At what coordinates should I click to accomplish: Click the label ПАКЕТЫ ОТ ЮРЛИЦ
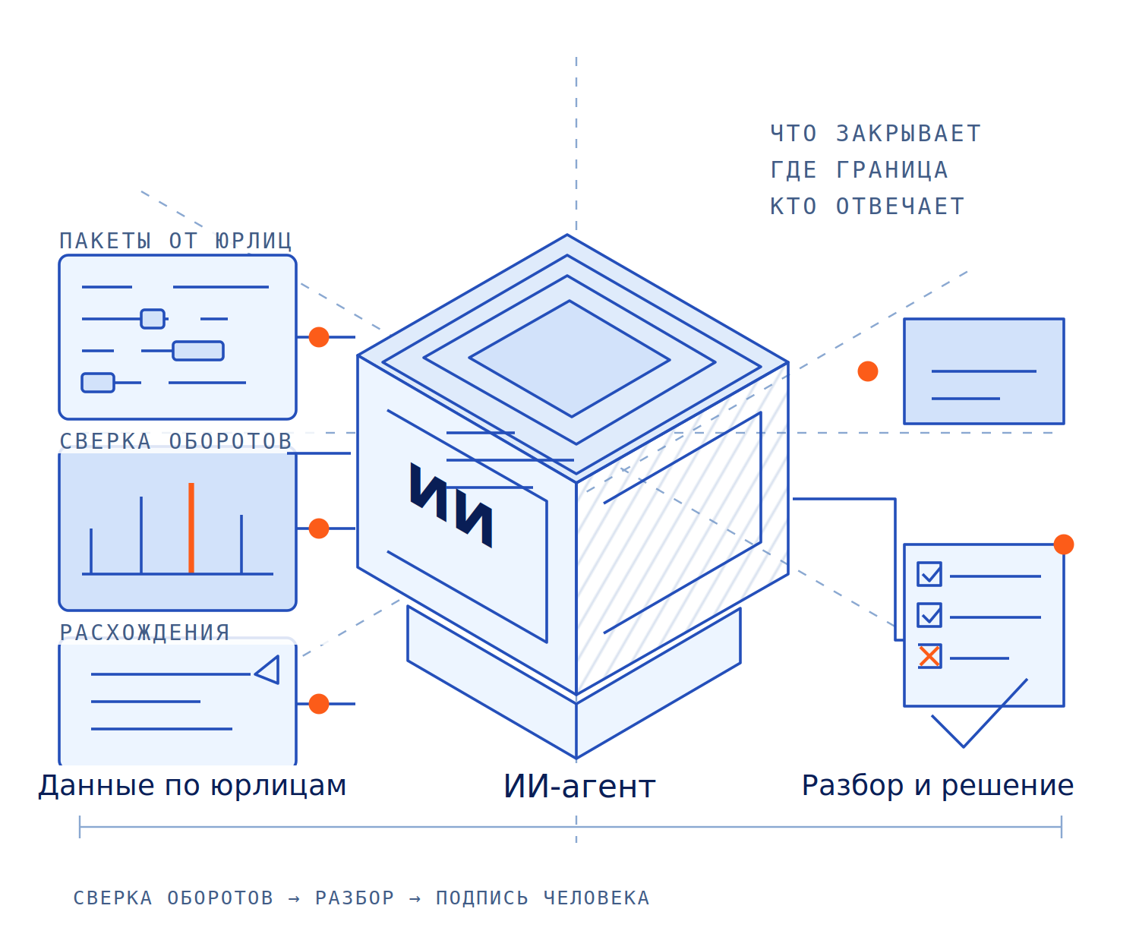(175, 240)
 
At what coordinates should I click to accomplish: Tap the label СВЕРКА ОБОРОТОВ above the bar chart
(175, 440)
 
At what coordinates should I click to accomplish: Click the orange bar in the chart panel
(191, 527)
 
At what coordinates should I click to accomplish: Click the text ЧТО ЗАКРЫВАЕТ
(874, 133)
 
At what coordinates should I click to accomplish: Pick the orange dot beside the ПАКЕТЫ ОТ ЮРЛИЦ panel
(318, 336)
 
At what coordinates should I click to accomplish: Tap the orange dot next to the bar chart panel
(318, 528)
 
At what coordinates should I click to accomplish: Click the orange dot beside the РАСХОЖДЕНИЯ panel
(318, 703)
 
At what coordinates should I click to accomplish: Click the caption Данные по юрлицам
(191, 784)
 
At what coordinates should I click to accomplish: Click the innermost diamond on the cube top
(569, 358)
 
